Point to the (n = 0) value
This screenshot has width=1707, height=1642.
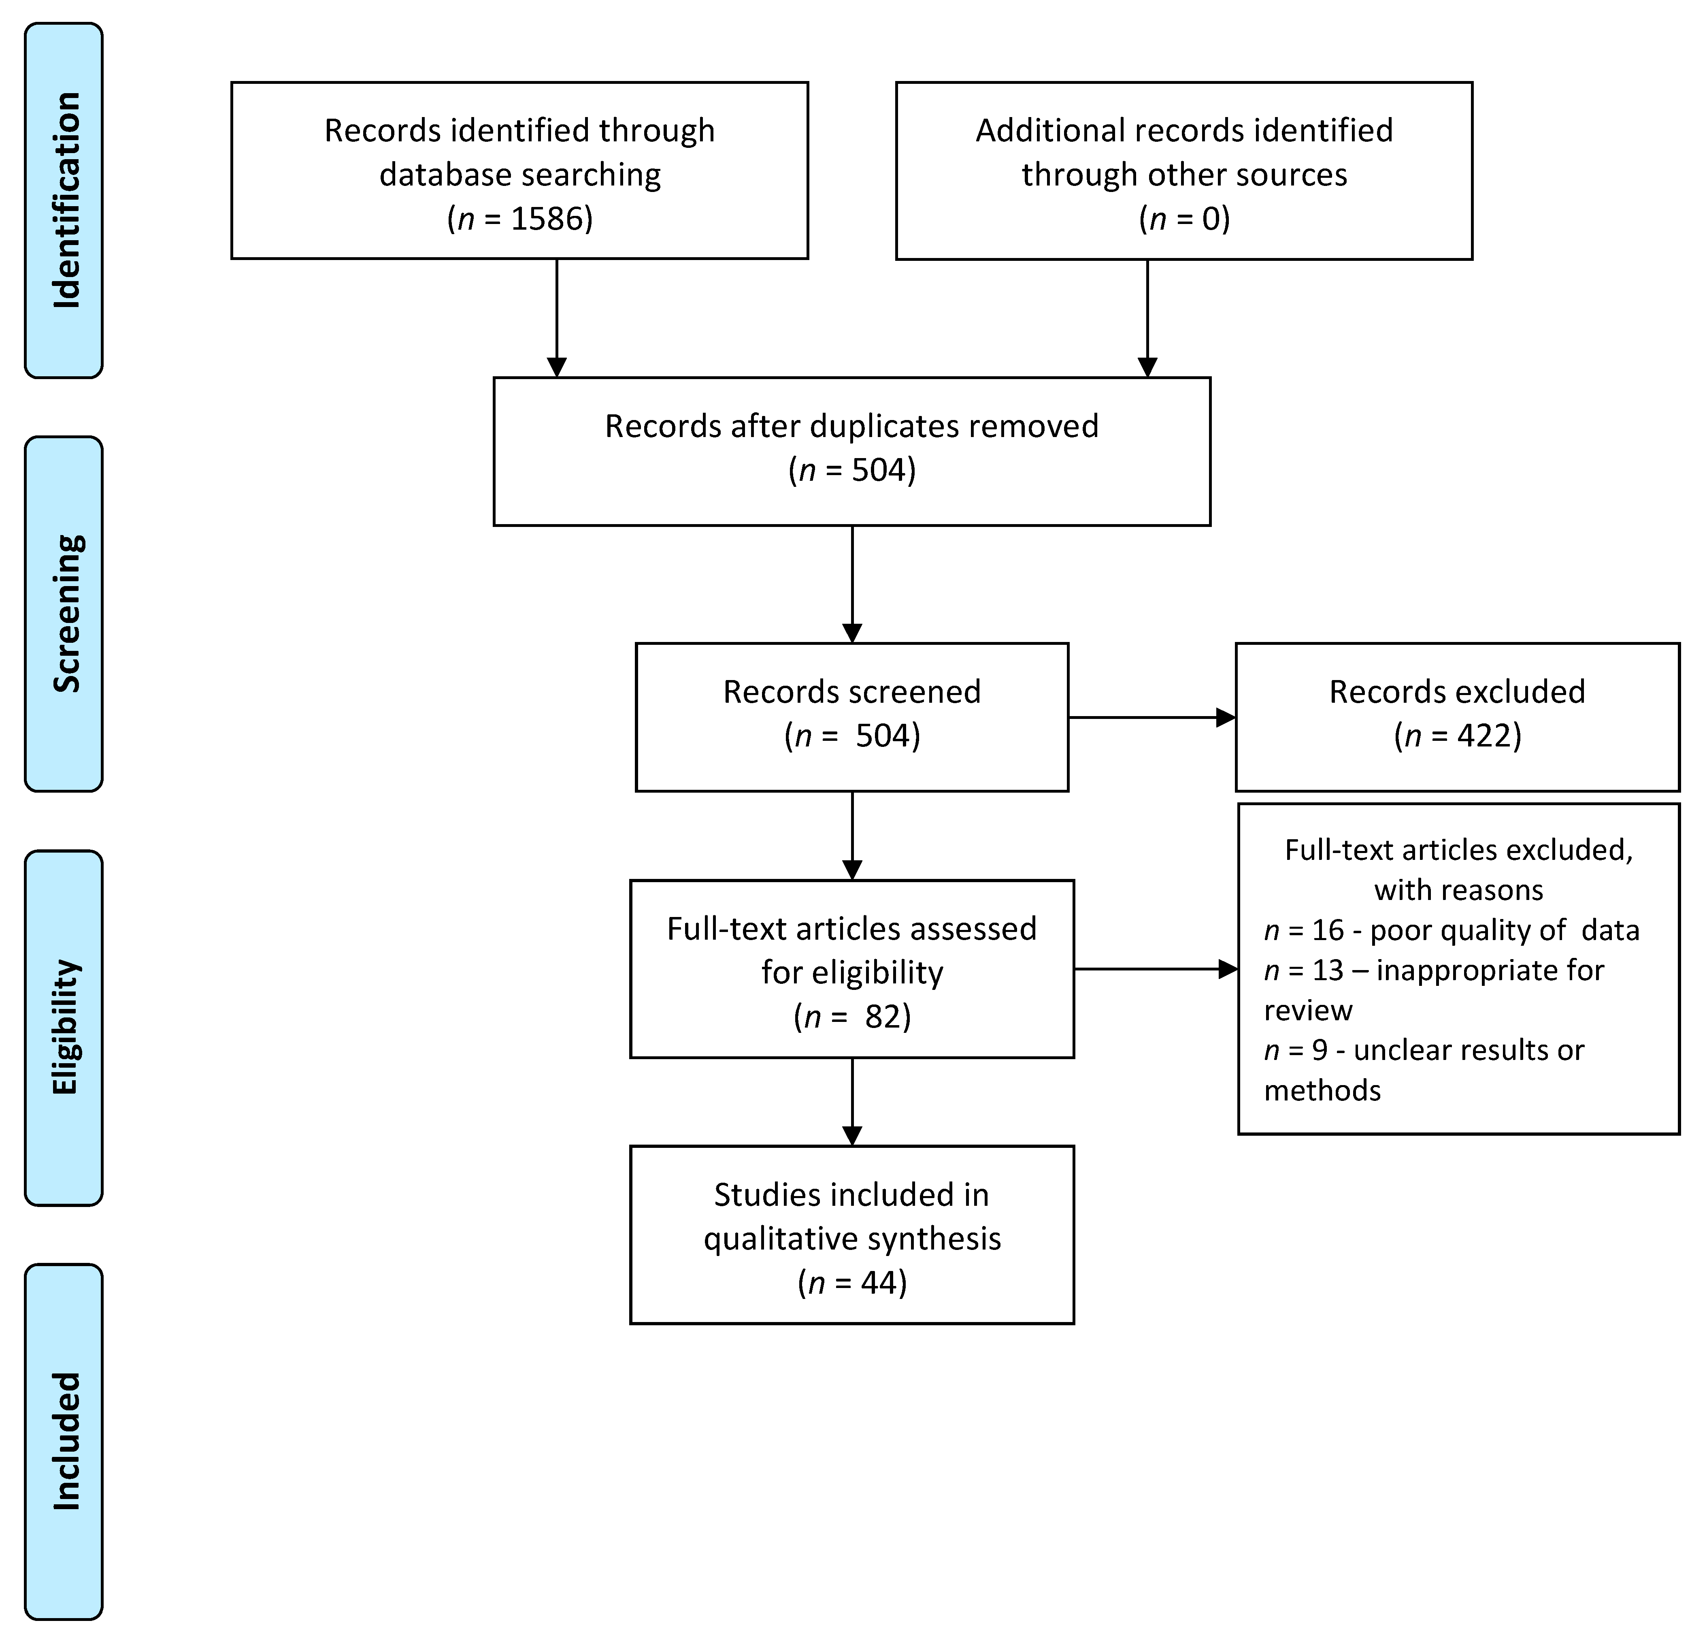point(1184,219)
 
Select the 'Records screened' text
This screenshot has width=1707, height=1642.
point(852,692)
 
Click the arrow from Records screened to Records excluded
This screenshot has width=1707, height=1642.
point(1151,718)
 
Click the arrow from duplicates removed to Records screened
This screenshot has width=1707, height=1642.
point(852,584)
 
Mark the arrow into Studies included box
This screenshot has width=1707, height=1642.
point(852,1102)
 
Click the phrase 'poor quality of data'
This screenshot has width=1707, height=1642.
point(1504,930)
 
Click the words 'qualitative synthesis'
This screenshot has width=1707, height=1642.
point(852,1239)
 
